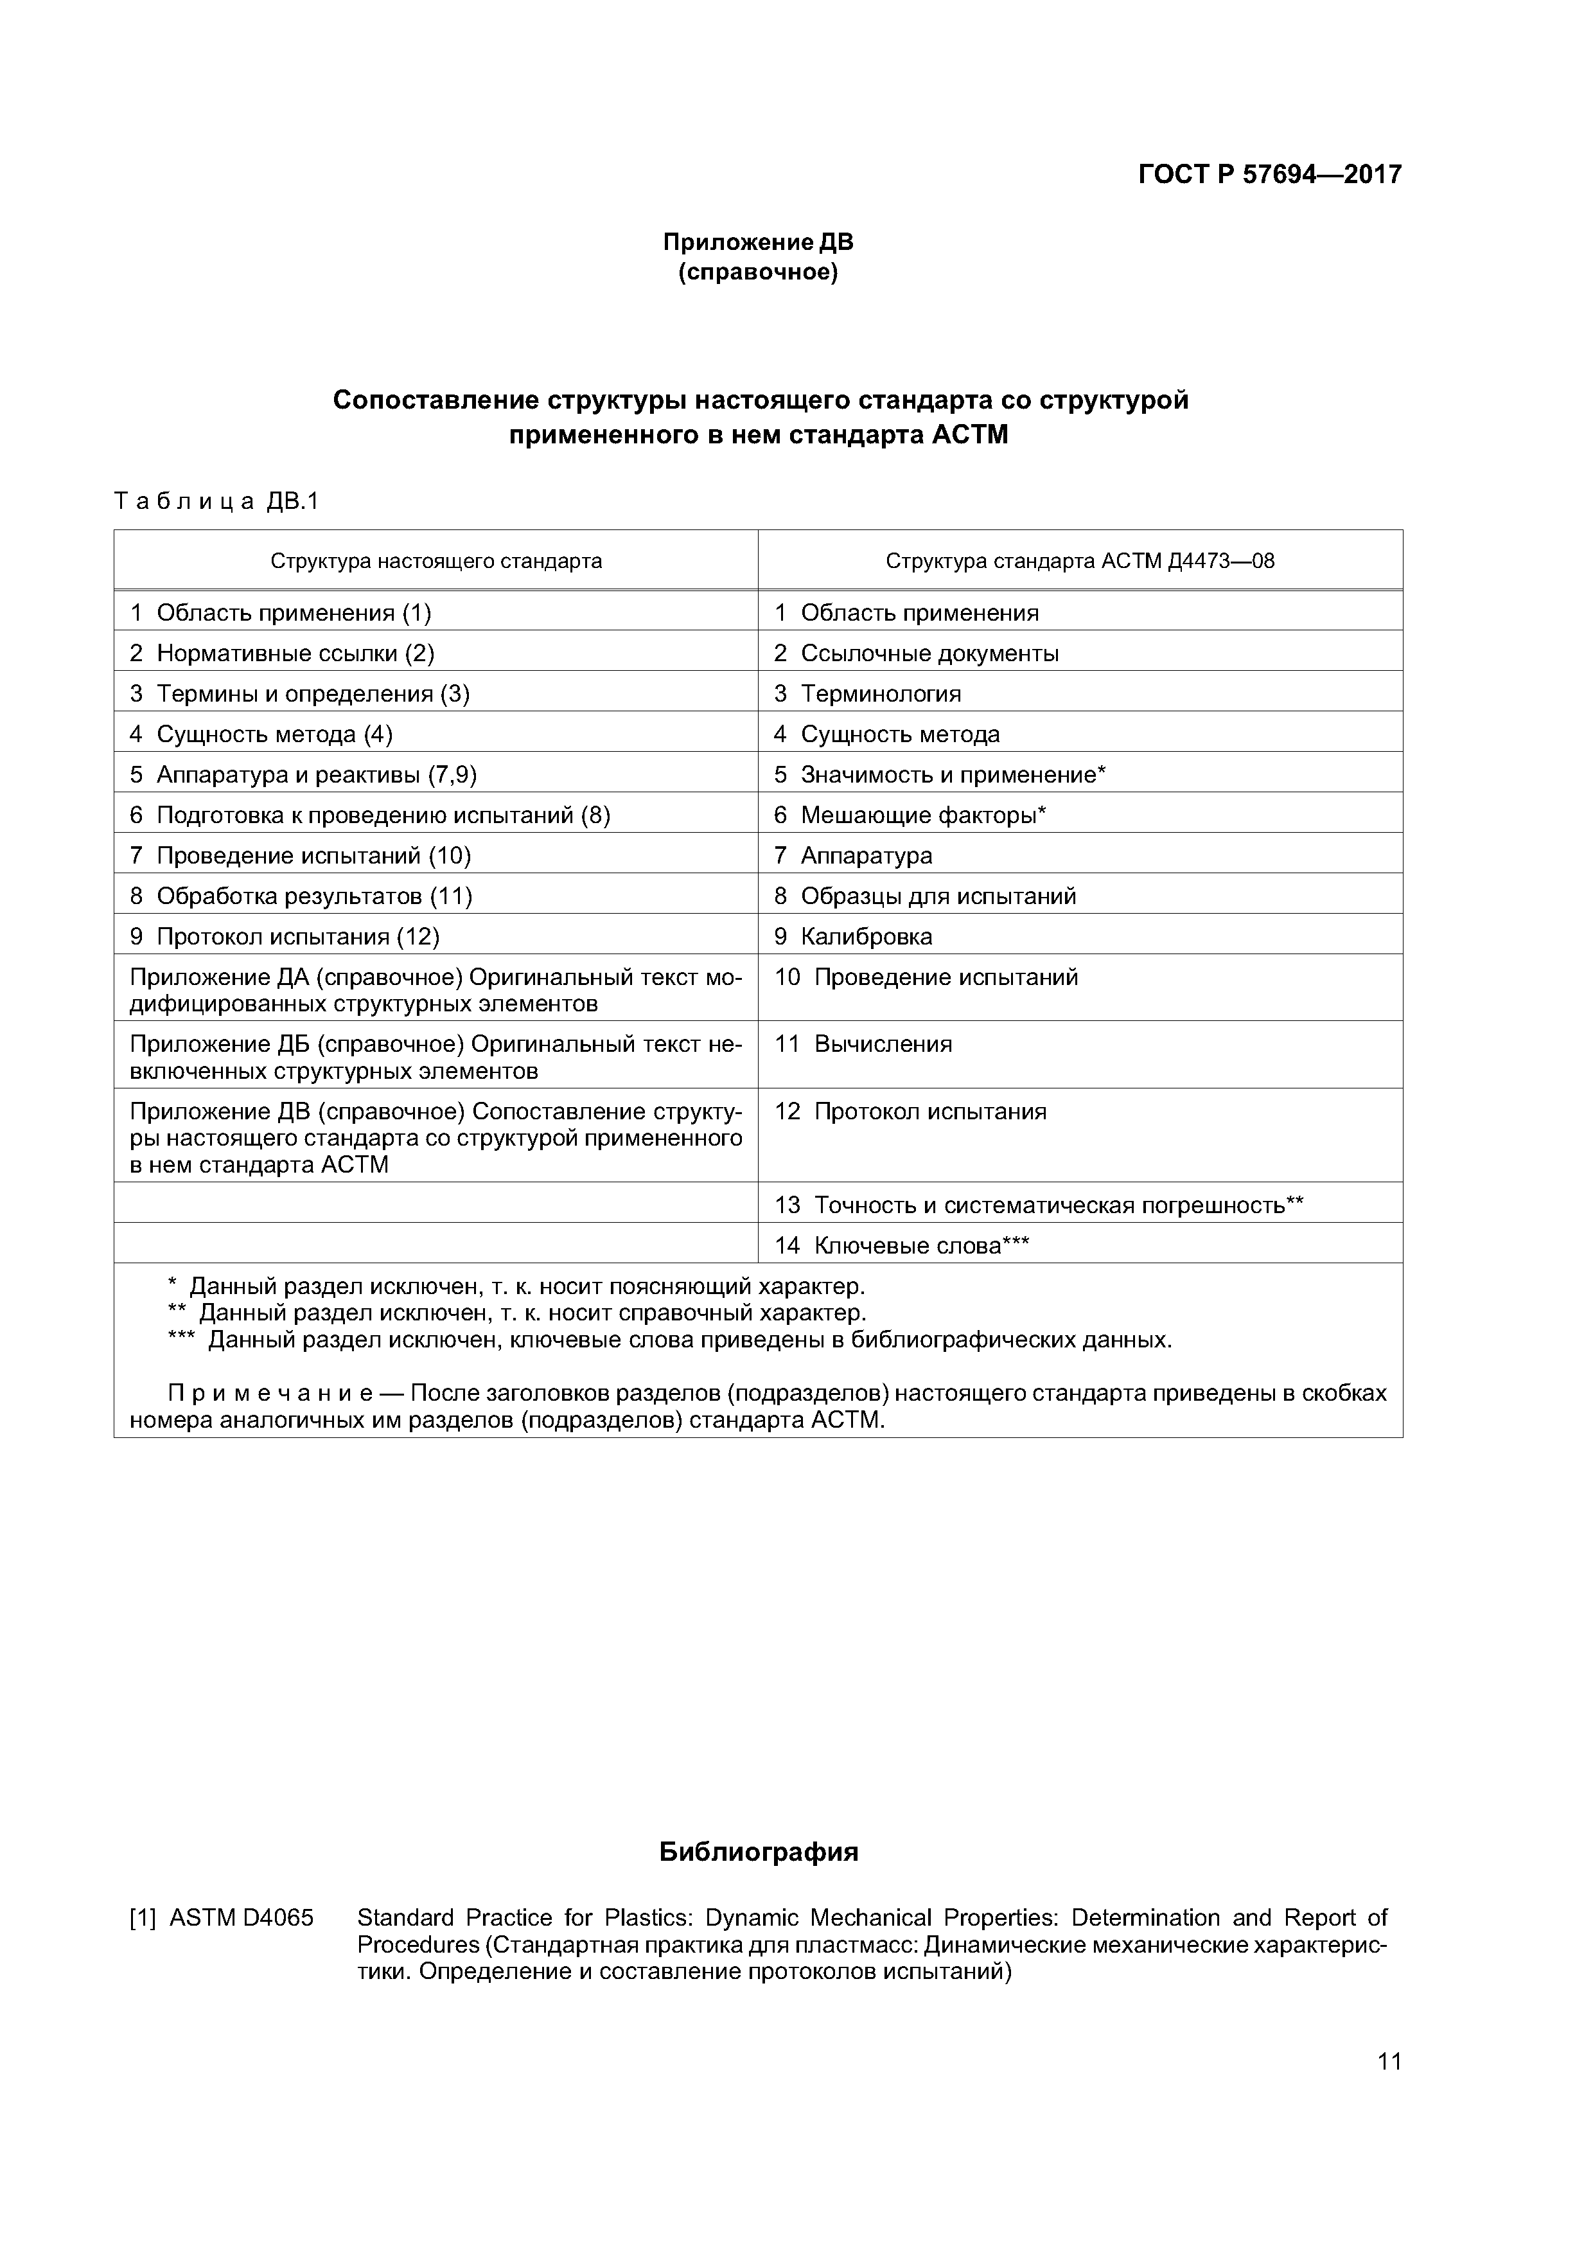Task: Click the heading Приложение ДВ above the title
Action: pos(758,242)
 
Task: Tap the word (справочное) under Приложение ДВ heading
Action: pos(758,272)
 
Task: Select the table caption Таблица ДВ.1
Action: pos(217,502)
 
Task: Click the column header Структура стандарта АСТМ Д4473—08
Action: pos(1080,562)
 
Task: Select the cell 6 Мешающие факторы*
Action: pos(910,815)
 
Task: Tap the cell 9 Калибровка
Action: pos(853,937)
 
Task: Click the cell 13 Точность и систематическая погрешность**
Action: pos(1039,1205)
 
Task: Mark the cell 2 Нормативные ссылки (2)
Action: pos(282,653)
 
